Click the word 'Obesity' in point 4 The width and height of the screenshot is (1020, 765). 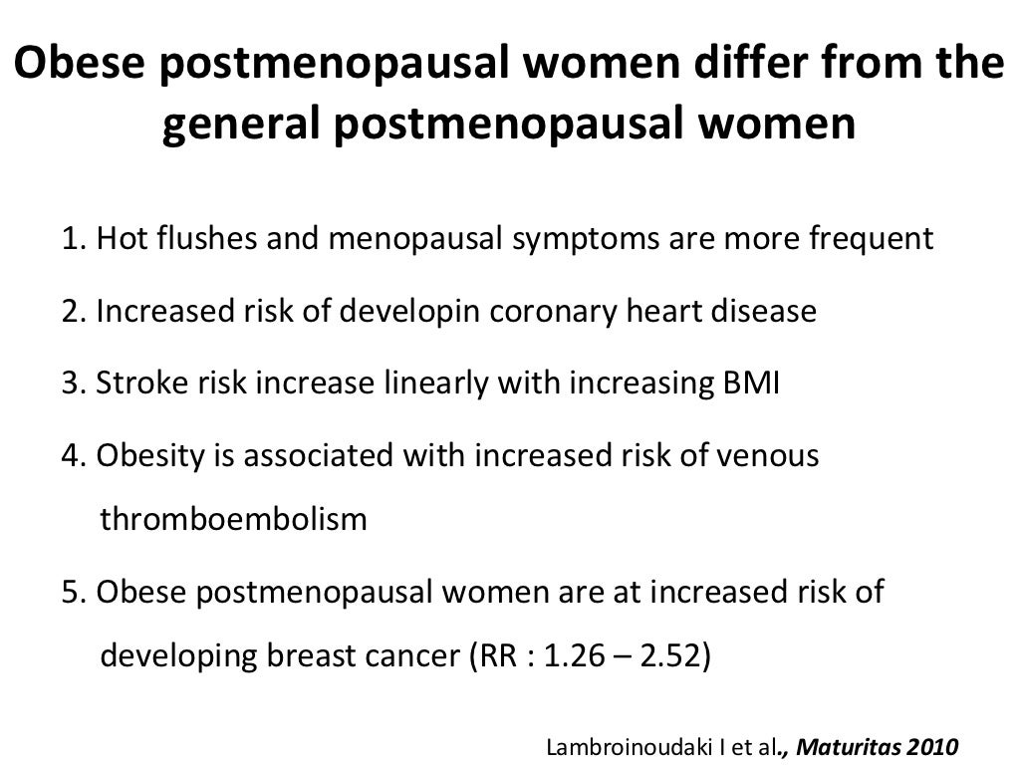(148, 457)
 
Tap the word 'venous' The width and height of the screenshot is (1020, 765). (773, 457)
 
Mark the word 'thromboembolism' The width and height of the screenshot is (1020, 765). (235, 520)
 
